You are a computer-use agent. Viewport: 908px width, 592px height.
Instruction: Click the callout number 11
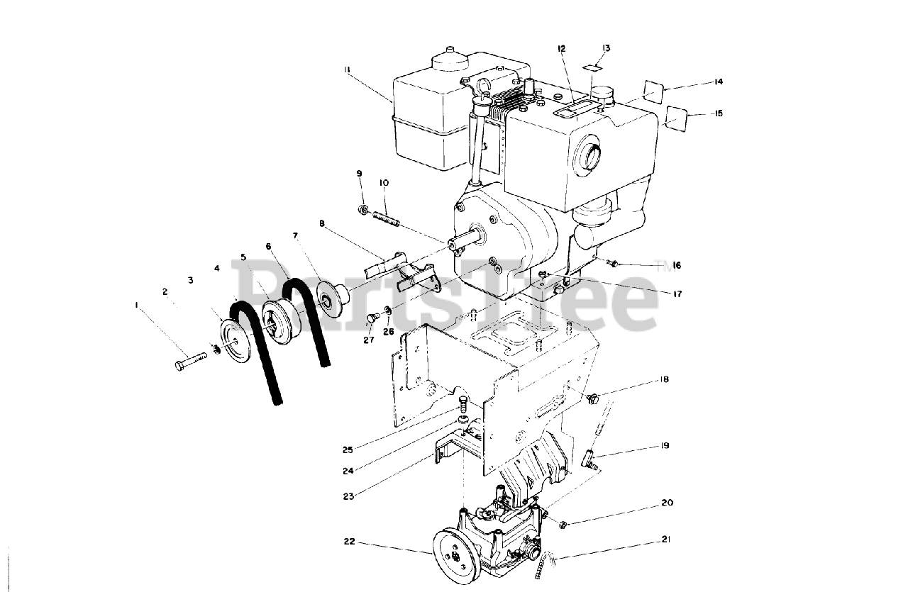click(x=348, y=69)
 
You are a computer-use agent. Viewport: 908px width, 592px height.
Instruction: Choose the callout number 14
click(x=718, y=82)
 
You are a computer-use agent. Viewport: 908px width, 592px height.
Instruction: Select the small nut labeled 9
click(x=362, y=208)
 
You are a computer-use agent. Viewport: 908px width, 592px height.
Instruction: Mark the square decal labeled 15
click(x=677, y=116)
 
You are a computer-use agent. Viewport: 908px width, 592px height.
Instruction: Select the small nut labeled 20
click(x=563, y=525)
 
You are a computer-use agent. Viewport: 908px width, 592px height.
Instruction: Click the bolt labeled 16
click(x=614, y=264)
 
